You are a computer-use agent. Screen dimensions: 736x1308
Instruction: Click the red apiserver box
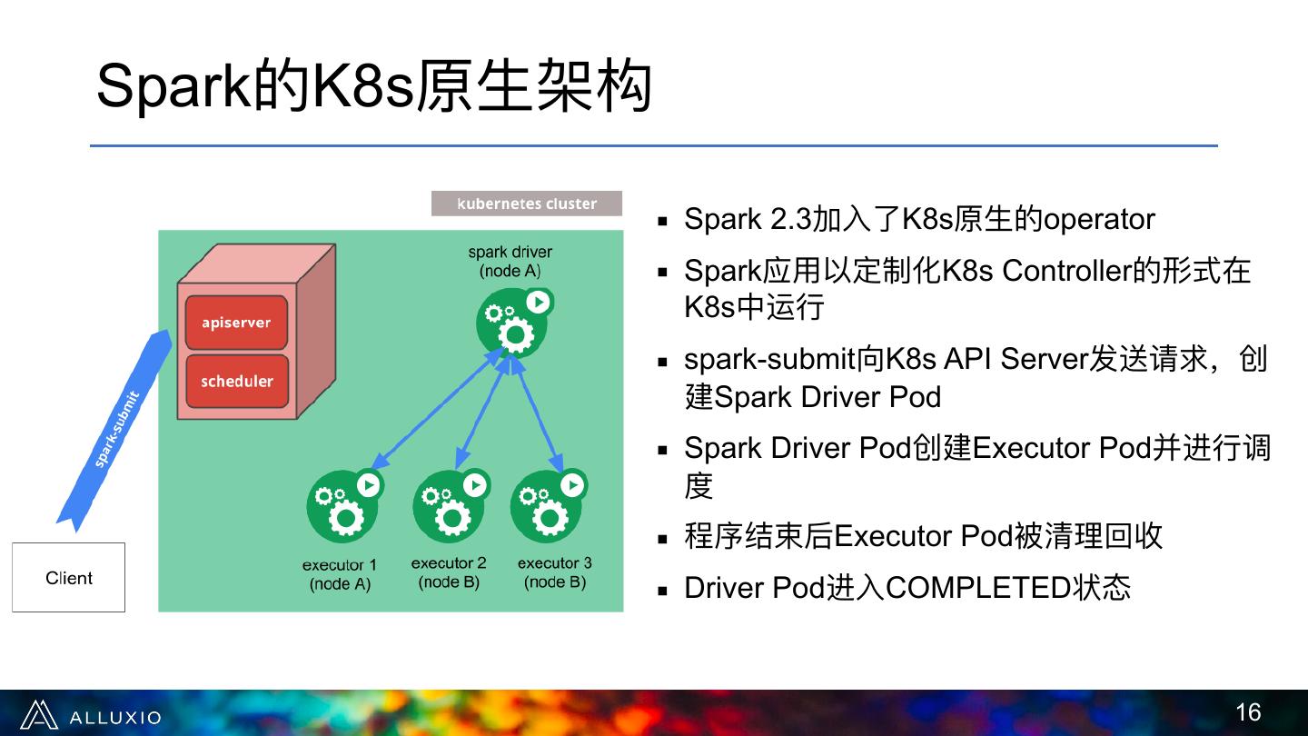coord(236,323)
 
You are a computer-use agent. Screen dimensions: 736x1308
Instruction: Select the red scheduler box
coord(236,381)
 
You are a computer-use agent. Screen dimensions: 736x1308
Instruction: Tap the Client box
coord(68,578)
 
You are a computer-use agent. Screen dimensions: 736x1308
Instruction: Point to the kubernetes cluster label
coord(527,204)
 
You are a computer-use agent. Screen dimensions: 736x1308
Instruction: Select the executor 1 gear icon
coord(342,506)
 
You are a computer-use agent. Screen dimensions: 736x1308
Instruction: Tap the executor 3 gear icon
coord(548,506)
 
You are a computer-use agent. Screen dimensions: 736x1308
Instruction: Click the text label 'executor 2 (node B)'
coord(449,573)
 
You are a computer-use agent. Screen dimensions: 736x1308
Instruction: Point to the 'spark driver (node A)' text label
coord(510,262)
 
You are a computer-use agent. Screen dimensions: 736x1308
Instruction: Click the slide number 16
coord(1248,712)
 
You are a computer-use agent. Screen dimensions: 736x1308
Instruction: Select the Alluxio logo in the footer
coord(90,716)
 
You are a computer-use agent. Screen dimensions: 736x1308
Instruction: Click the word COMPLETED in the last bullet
coord(979,589)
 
